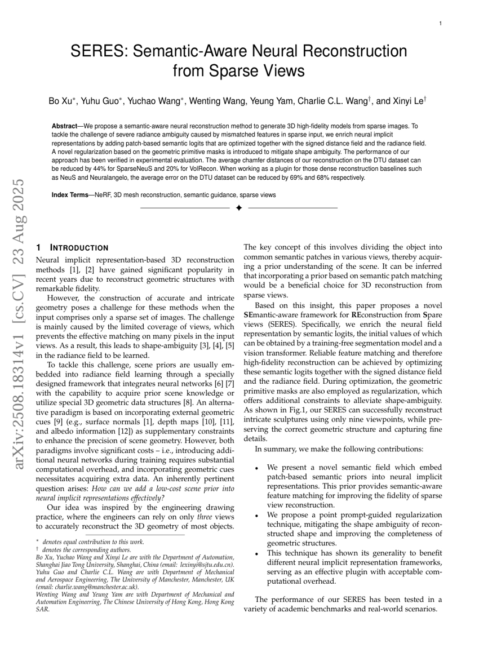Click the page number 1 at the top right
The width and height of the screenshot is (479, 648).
[x=440, y=24]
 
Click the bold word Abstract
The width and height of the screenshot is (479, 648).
[x=64, y=126]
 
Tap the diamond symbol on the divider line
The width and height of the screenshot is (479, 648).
[x=238, y=208]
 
